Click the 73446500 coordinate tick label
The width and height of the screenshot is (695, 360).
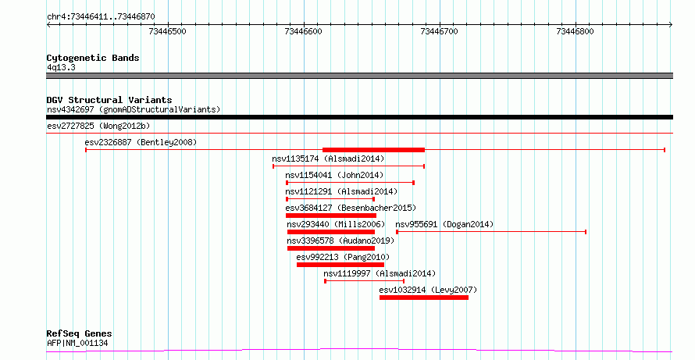coord(168,31)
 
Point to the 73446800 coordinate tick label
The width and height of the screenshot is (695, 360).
coord(575,31)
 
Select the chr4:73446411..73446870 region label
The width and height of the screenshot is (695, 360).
coord(101,17)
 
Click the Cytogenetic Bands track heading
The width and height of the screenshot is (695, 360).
coord(93,58)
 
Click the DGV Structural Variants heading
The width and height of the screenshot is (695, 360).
coord(109,100)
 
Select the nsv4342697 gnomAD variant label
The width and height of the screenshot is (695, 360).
coord(134,109)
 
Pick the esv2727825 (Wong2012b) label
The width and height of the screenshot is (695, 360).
coord(98,126)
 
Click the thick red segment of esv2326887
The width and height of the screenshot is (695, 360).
coord(373,150)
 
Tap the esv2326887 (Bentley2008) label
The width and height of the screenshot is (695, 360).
coord(141,142)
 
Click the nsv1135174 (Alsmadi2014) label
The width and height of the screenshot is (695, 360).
coord(328,159)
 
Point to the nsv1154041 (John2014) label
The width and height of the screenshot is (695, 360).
coord(334,175)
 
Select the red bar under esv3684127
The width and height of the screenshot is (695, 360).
coord(331,216)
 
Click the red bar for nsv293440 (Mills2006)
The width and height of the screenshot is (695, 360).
coord(331,232)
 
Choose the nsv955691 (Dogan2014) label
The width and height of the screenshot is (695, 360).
coord(444,224)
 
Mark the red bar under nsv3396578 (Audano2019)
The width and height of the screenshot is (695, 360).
coord(331,248)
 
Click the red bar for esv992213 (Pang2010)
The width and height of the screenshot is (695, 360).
coord(340,265)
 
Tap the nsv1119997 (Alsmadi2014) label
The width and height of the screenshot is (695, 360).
coord(380,273)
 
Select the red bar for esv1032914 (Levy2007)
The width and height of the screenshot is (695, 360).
coord(424,298)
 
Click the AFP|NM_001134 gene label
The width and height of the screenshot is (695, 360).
coord(77,343)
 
